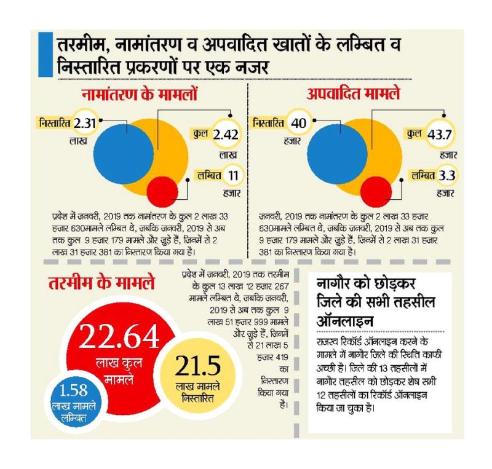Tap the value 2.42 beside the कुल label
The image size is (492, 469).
[x=225, y=135]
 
